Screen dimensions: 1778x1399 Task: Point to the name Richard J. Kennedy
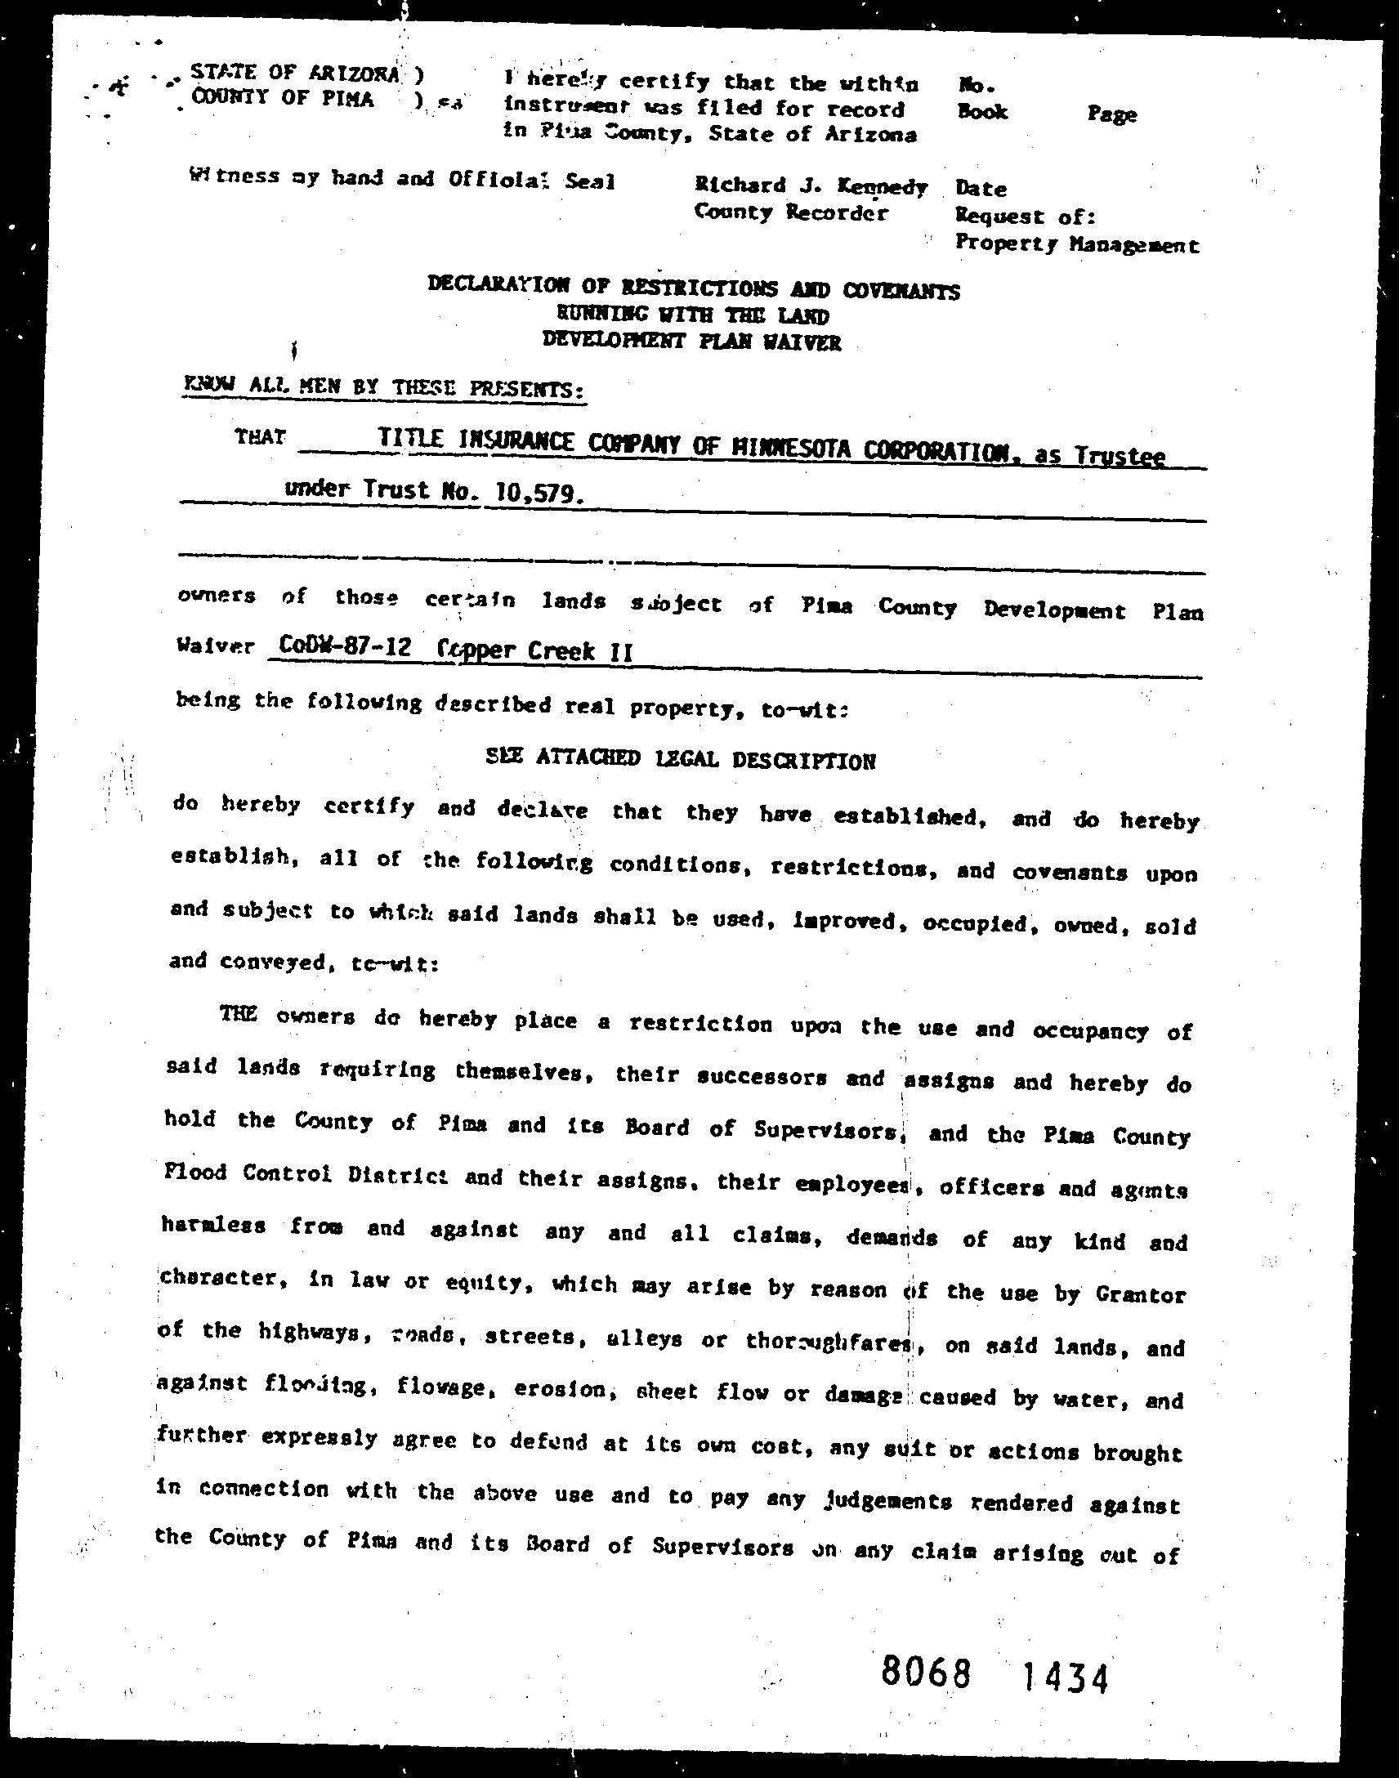click(811, 186)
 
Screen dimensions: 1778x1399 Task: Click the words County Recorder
click(790, 213)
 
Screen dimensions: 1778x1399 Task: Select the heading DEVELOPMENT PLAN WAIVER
click(692, 341)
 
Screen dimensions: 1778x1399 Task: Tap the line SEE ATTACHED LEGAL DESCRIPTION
click(681, 759)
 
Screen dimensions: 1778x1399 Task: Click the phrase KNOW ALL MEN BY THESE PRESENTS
click(384, 387)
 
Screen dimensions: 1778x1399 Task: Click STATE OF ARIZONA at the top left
click(296, 73)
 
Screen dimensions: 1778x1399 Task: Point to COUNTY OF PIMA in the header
click(283, 98)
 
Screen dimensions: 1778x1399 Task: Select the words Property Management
click(1077, 244)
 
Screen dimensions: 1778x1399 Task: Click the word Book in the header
click(981, 111)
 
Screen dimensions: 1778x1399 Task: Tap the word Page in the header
click(1111, 114)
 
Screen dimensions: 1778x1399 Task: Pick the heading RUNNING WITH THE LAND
click(693, 315)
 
